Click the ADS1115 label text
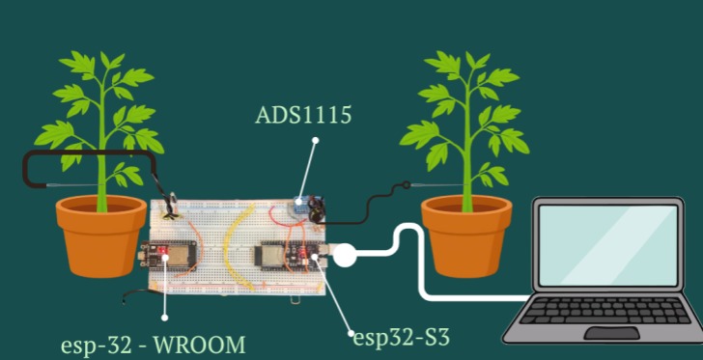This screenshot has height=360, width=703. (x=303, y=116)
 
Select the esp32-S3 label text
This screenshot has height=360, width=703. (x=401, y=337)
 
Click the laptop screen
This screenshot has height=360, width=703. (x=608, y=245)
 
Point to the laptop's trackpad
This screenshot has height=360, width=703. (x=611, y=333)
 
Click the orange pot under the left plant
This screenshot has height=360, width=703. (x=100, y=235)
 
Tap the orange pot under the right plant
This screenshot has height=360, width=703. (x=466, y=235)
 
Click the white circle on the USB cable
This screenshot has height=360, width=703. (x=345, y=256)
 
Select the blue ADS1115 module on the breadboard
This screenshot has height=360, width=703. (x=301, y=205)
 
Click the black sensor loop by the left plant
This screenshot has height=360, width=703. (x=87, y=167)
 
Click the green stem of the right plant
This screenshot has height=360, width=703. (x=466, y=164)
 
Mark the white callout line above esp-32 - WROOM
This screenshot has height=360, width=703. (x=165, y=290)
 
